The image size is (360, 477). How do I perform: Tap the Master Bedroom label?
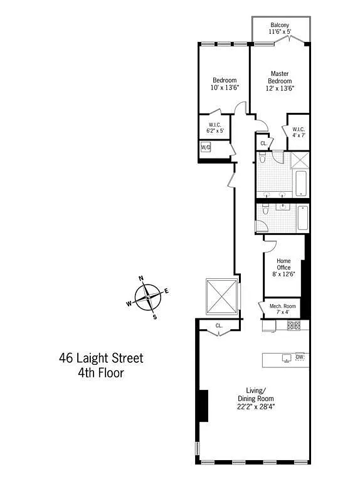point(280,81)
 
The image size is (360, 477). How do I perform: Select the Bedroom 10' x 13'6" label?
point(224,84)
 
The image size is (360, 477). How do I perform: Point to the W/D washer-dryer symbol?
point(206,147)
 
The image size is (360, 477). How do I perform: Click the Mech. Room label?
point(283,309)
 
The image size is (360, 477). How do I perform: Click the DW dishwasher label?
point(300,358)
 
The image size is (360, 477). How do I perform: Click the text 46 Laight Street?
point(101,359)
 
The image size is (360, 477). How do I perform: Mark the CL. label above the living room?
point(219,325)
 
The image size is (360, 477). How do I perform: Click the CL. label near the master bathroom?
point(263,144)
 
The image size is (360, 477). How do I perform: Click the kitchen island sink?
point(286,359)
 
